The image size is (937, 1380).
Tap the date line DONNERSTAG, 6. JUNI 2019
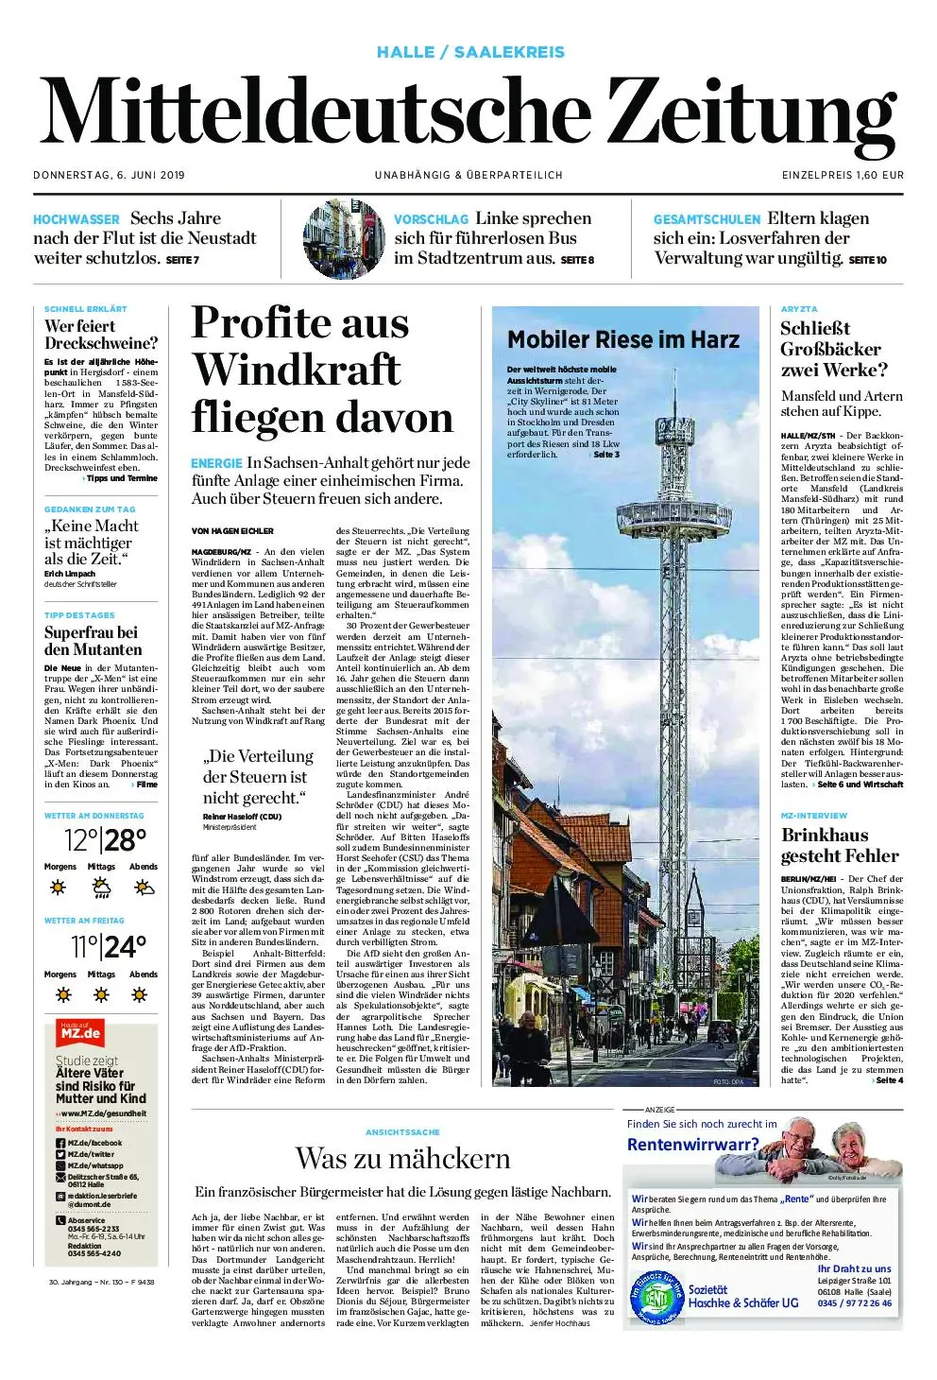tap(110, 175)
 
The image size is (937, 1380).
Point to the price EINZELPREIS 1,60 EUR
tap(843, 175)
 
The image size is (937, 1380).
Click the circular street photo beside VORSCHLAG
tap(344, 239)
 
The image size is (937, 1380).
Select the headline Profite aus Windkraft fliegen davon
tap(321, 370)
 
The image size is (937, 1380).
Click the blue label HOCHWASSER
tap(77, 219)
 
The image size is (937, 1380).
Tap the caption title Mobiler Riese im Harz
tap(623, 339)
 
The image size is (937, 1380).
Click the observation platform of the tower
tap(674, 514)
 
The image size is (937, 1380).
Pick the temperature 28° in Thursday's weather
tap(126, 839)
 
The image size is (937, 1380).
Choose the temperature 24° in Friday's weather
tap(126, 946)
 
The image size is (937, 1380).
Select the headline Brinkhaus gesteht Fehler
tap(840, 845)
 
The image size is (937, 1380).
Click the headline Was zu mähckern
tap(402, 1158)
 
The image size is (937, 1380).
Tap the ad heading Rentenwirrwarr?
tap(693, 1145)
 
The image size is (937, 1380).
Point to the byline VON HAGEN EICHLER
tap(232, 531)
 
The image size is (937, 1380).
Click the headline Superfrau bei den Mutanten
tap(93, 641)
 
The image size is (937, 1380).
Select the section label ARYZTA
tap(799, 309)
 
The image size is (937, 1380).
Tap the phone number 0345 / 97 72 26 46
tap(854, 1303)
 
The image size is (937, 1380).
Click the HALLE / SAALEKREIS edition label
tap(470, 52)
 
